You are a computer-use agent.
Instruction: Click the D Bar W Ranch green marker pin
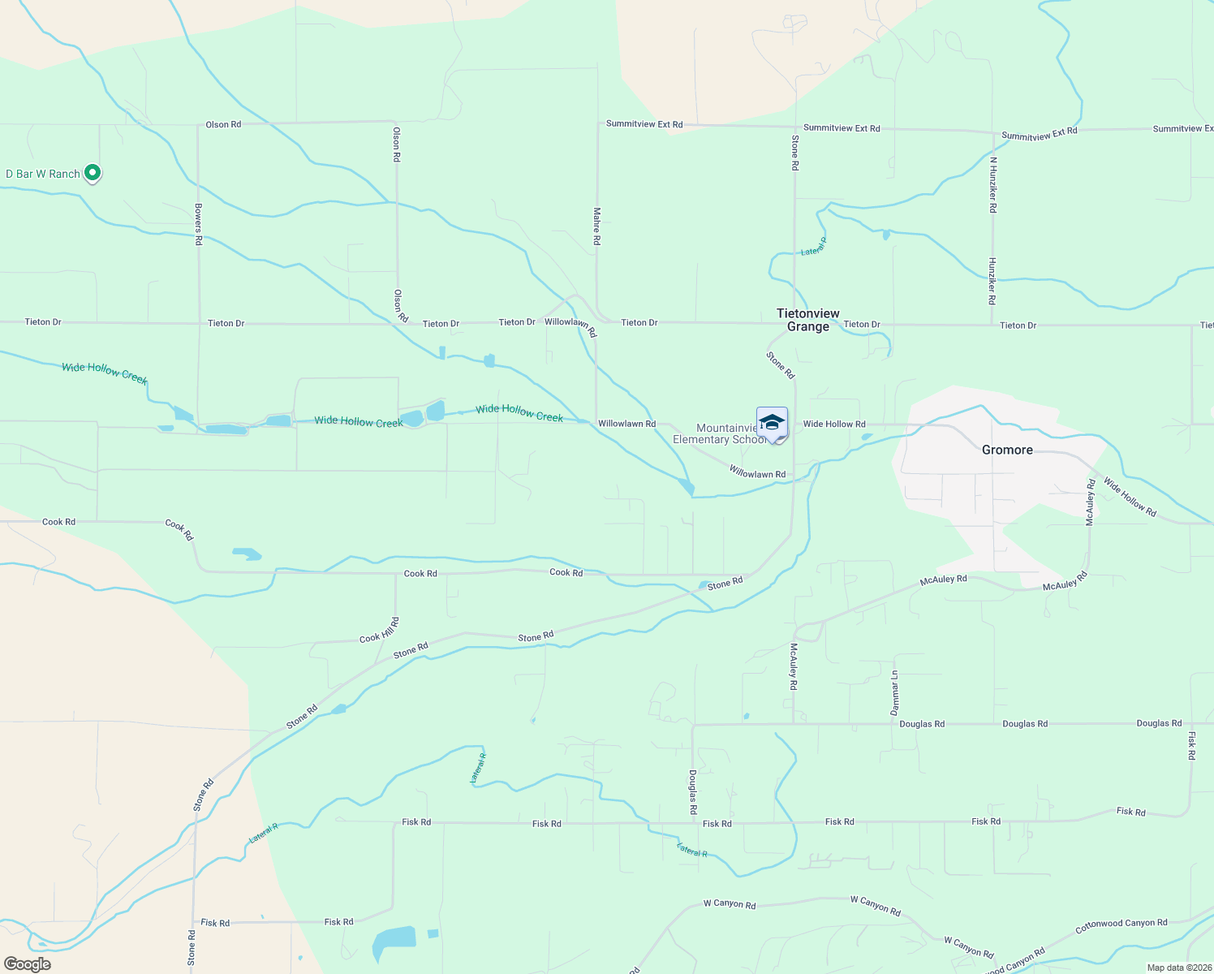coord(93,173)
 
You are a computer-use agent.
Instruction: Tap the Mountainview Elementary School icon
coord(772,423)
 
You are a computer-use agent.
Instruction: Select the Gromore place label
coord(1007,450)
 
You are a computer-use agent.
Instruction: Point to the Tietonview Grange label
coord(808,320)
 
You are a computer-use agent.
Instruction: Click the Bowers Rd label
coord(198,225)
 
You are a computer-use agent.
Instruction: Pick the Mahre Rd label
coord(596,226)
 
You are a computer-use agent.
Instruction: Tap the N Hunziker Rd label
coord(992,185)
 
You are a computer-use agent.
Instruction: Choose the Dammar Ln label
coord(895,692)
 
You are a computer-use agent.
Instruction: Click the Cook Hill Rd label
coord(380,631)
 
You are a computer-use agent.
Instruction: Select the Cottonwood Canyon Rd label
coord(1121,924)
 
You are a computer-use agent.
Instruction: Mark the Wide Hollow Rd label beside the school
coord(834,424)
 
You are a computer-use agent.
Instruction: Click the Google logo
coord(28,964)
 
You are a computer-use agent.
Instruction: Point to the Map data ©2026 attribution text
coord(1178,968)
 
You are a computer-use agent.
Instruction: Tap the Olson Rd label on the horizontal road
coord(223,124)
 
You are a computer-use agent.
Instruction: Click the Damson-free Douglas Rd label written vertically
coord(693,792)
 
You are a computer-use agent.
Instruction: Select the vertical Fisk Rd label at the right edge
coord(1191,746)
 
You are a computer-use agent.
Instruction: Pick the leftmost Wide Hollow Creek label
coord(105,373)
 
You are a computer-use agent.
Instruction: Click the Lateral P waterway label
coord(813,247)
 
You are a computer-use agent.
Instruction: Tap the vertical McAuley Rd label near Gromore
coord(1091,502)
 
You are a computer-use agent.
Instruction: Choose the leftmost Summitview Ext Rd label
coord(644,124)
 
